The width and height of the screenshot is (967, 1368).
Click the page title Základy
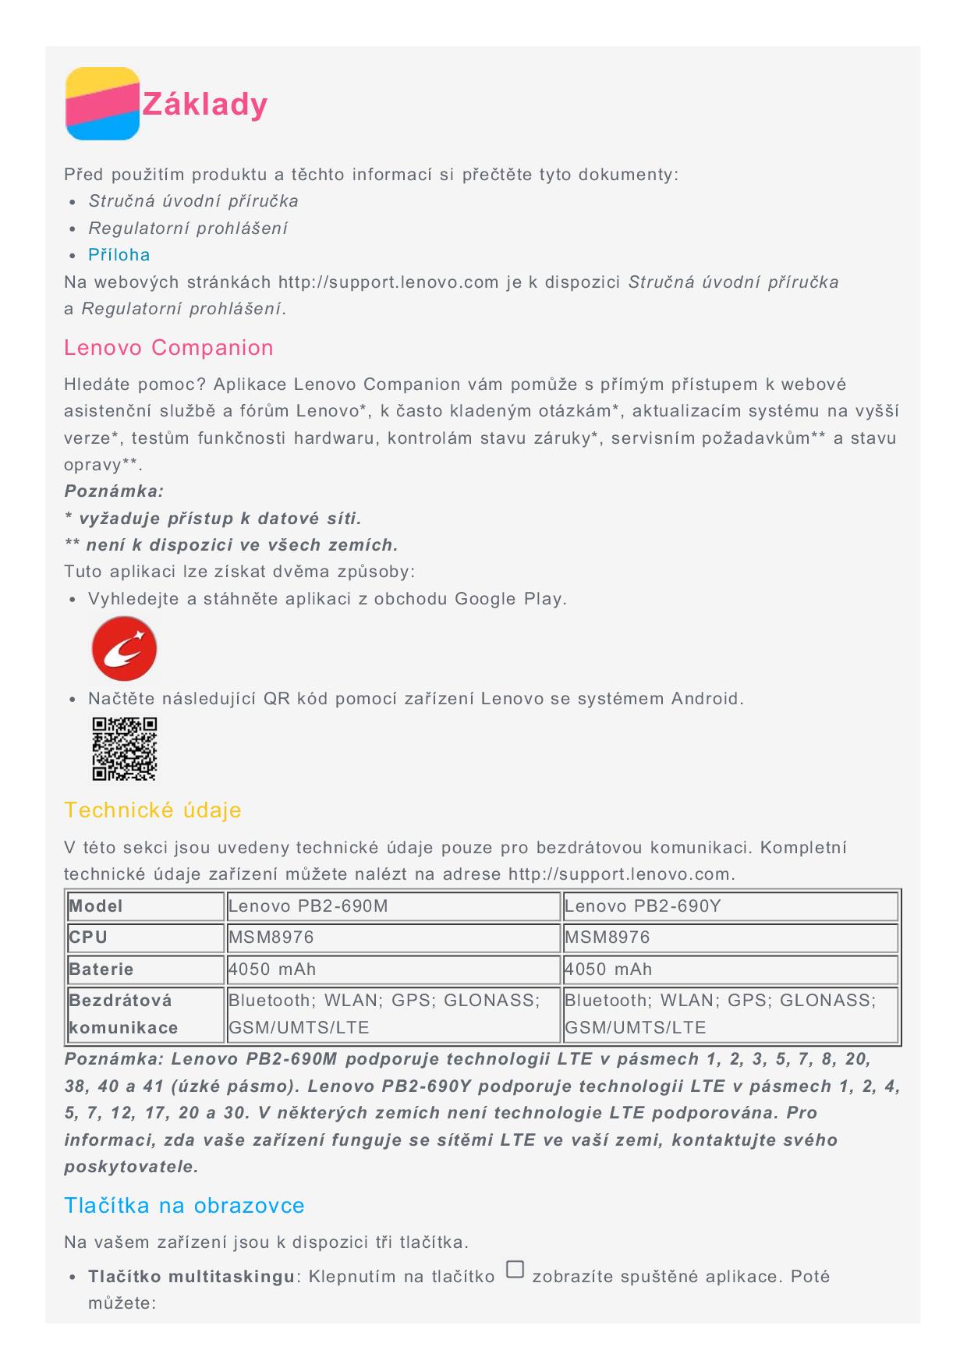(204, 105)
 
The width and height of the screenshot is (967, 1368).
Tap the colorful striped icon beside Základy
(102, 104)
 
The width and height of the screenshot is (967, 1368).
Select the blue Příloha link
(119, 255)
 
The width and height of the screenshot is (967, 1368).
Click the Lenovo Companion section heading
(168, 348)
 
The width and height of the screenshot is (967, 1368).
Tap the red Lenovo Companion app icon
(124, 649)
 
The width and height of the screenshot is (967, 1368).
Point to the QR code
(125, 749)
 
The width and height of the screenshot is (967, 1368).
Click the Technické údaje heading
(153, 810)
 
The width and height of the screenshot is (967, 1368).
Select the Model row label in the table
(96, 906)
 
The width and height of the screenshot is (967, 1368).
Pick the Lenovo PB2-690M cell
(308, 906)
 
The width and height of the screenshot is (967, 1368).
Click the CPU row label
(88, 937)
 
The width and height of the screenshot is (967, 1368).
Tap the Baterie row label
(101, 969)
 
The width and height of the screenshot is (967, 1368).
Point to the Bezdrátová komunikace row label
(123, 1014)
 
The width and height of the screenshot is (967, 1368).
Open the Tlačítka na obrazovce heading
(184, 1206)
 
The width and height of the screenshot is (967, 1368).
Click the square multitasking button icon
(515, 1269)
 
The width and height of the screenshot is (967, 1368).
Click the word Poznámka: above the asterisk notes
(114, 491)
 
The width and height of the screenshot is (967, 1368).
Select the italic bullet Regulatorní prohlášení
(188, 229)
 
